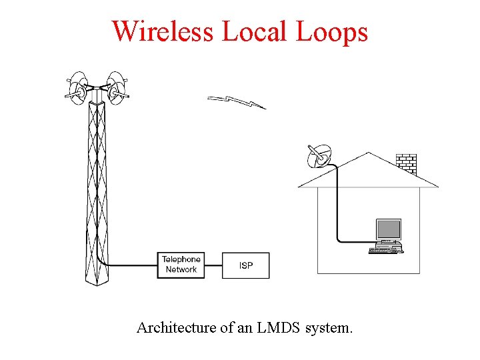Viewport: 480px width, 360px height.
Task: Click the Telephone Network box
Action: click(181, 265)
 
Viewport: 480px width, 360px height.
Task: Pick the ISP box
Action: click(246, 265)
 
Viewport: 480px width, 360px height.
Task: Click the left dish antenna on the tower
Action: click(78, 87)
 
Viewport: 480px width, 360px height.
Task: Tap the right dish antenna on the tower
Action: click(117, 87)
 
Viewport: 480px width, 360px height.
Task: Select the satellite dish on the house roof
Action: click(317, 157)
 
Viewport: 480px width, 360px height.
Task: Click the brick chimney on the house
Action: click(406, 163)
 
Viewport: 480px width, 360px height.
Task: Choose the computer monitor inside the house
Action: click(388, 230)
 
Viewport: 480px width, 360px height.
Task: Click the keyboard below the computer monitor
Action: click(384, 251)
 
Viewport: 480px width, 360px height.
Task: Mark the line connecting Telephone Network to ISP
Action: click(213, 265)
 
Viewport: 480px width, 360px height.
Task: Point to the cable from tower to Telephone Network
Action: click(130, 265)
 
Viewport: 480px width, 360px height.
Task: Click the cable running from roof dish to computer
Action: click(337, 207)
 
